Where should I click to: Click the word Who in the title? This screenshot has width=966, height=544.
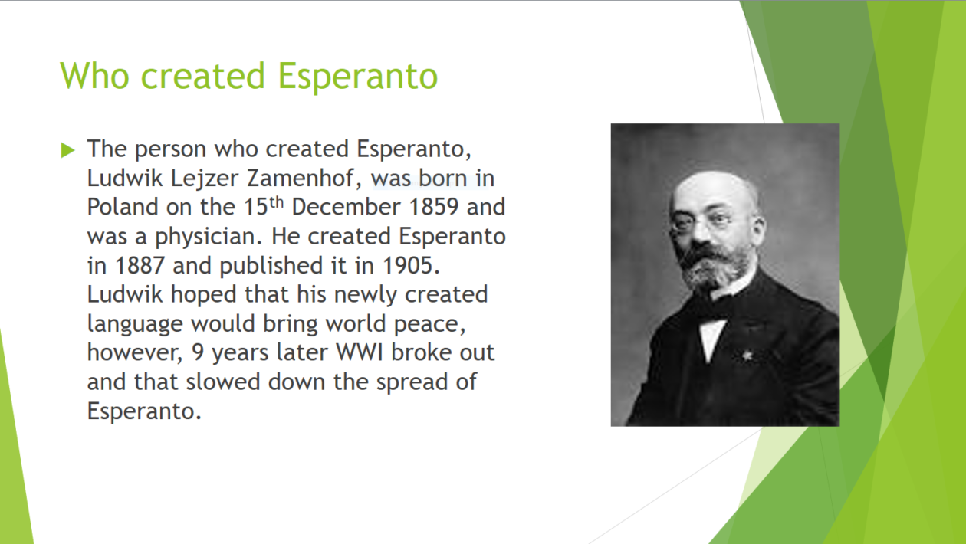[x=94, y=76]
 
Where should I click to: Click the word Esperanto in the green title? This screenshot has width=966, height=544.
[x=357, y=77]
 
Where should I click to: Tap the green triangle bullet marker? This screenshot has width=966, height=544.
[x=68, y=150]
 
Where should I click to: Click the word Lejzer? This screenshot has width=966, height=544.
[x=205, y=179]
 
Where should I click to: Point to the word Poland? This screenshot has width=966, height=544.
[x=123, y=207]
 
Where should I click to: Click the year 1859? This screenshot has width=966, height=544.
[x=433, y=207]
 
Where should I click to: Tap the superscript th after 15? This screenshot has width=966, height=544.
[x=277, y=202]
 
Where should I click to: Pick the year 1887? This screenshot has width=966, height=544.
[x=140, y=266]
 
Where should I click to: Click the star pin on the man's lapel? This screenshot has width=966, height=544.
[x=747, y=356]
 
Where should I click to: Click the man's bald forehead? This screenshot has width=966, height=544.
[x=711, y=188]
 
